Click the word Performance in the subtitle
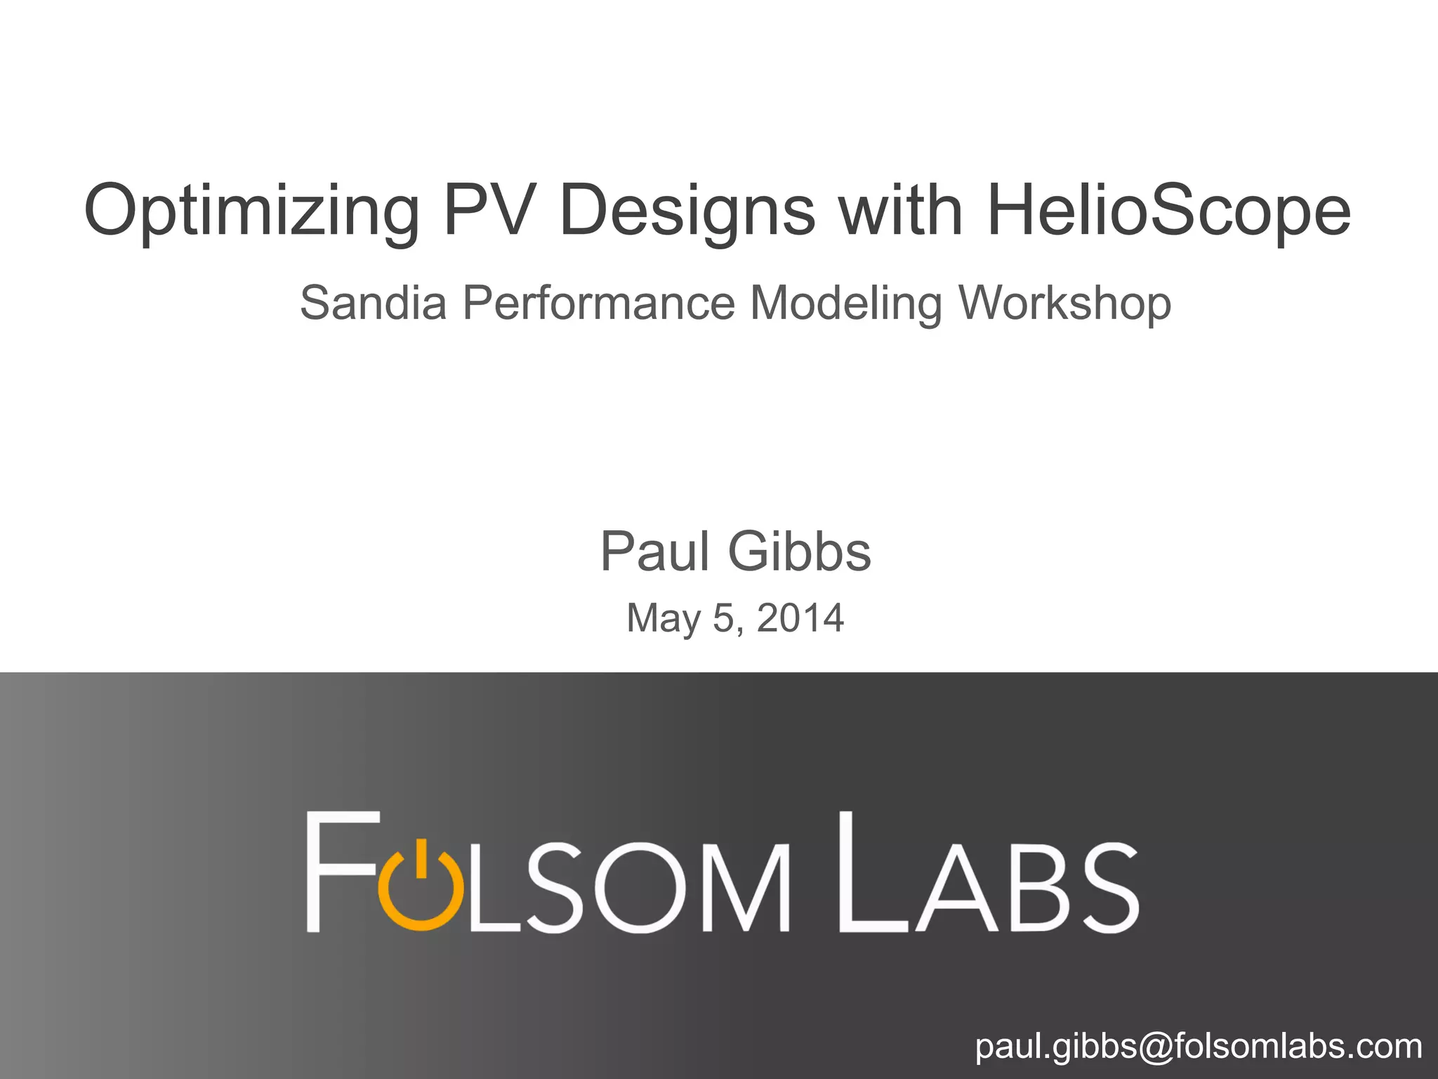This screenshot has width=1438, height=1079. click(599, 303)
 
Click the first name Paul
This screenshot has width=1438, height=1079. click(654, 552)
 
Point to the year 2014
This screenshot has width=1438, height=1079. click(800, 618)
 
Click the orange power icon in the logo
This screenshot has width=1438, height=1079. click(421, 887)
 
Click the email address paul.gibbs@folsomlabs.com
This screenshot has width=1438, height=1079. click(1198, 1046)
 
